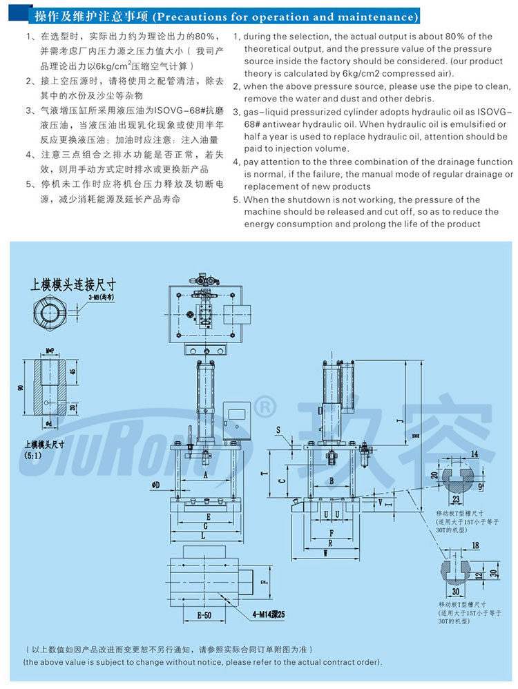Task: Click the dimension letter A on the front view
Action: click(206, 476)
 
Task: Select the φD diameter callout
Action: click(155, 486)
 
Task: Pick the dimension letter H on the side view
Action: click(416, 436)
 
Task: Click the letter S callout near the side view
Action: click(278, 431)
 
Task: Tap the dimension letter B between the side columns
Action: click(332, 481)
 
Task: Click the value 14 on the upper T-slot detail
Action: click(475, 454)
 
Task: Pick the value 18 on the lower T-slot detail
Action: click(475, 545)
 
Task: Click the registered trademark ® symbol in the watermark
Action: click(265, 405)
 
